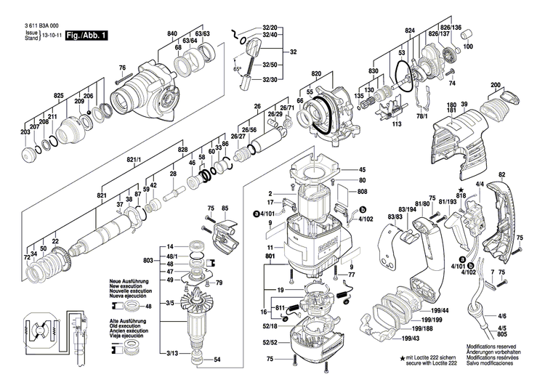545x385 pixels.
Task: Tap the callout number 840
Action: [172, 34]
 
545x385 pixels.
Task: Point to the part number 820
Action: [316, 74]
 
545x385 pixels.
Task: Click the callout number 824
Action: [410, 30]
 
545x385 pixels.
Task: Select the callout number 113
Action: [397, 124]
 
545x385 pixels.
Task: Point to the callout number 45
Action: [363, 170]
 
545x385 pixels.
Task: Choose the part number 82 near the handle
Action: [501, 176]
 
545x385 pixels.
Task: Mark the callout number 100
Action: [467, 46]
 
